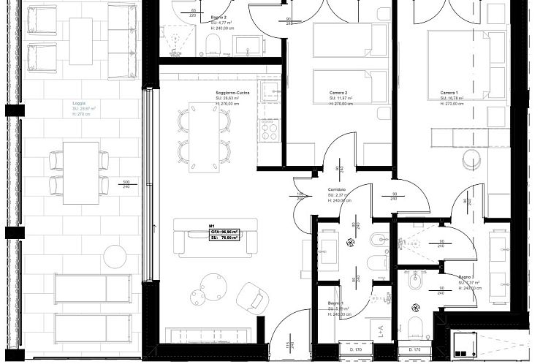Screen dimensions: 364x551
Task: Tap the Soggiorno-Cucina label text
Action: tap(232, 94)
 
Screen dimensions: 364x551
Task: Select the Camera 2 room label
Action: tap(338, 94)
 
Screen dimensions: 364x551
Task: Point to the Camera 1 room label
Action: tap(449, 94)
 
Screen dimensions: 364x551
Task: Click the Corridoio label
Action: tap(337, 189)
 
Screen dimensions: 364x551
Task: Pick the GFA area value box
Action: tap(224, 232)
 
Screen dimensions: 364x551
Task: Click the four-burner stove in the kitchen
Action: tap(269, 131)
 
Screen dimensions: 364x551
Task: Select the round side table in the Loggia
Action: tap(115, 256)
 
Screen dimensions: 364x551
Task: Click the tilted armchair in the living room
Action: tap(253, 297)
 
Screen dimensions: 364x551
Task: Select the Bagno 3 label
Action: tap(468, 278)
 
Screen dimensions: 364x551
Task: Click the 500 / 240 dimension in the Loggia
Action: tap(126, 184)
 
